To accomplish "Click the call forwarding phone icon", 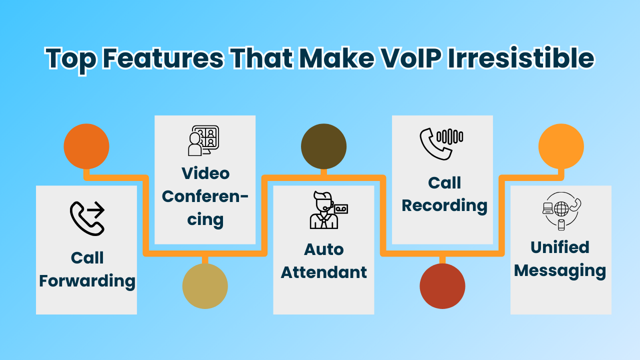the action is click(x=87, y=218).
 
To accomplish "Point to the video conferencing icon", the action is click(x=203, y=140).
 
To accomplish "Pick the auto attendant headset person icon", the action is click(x=328, y=210).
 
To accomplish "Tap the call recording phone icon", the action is click(x=441, y=143).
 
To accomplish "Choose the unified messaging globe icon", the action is click(x=561, y=211).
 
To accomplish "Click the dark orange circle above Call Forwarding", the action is click(x=86, y=146).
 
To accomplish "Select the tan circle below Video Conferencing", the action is click(x=205, y=286).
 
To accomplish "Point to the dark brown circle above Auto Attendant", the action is click(x=323, y=146).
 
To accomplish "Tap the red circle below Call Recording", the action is click(x=442, y=286).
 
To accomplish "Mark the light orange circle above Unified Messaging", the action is click(x=561, y=146).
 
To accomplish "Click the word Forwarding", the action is click(x=87, y=281).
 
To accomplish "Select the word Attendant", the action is click(x=323, y=272).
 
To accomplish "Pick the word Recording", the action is click(x=444, y=206).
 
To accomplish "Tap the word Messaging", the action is click(x=560, y=271).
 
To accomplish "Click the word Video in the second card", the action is click(x=205, y=173).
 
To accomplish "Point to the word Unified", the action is click(x=560, y=247).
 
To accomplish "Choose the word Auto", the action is click(x=323, y=249).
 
